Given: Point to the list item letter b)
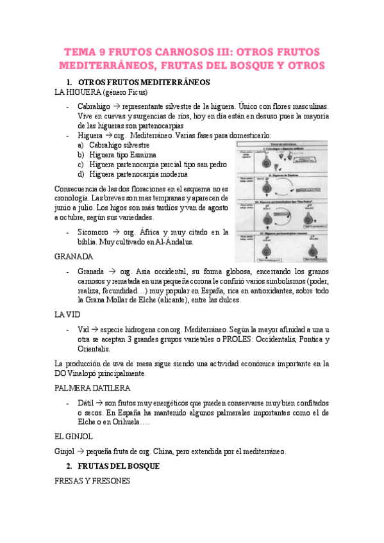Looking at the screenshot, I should (81, 155).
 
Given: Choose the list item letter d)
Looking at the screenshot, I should (81, 174).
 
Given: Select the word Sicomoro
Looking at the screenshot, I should (94, 232).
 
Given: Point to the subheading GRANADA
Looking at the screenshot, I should (75, 256).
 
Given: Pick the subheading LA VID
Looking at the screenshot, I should (69, 315).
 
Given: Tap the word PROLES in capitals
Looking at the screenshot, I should (241, 339).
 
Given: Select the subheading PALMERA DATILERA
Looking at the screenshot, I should (93, 388).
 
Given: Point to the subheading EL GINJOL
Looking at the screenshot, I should (74, 437).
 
